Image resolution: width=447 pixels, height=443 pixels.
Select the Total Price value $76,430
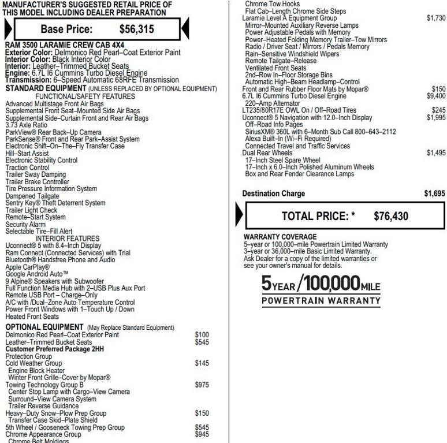tap(390, 217)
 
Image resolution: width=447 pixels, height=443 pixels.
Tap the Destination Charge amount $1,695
tap(435, 193)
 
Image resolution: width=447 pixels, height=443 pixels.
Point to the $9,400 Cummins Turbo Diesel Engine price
tap(436, 96)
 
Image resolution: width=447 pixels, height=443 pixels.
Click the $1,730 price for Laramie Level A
tap(436, 18)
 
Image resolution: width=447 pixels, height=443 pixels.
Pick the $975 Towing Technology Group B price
tap(202, 385)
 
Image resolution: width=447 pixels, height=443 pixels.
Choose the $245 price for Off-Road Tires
tap(438, 110)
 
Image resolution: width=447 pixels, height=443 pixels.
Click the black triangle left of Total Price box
tap(240, 214)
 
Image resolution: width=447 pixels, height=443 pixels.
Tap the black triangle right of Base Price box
tap(185, 28)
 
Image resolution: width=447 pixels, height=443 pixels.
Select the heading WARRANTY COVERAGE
tap(280, 237)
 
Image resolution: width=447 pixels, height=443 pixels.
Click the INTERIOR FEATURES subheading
tap(67, 239)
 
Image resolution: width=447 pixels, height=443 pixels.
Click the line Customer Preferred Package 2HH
tap(55, 349)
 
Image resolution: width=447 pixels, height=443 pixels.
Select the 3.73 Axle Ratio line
tap(27, 125)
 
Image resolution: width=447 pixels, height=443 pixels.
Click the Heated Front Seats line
tap(32, 317)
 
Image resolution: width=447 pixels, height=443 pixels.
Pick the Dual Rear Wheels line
tap(267, 153)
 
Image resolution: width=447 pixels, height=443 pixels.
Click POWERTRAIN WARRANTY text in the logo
tap(321, 300)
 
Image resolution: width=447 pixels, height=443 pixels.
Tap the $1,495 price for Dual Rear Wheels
tap(436, 153)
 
